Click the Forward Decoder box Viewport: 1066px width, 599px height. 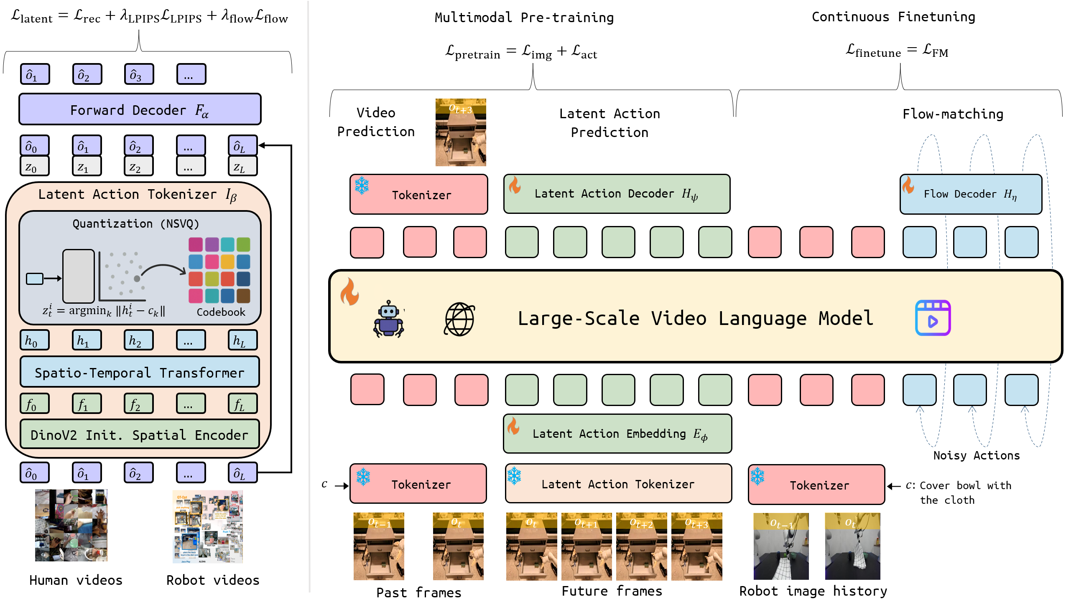point(140,110)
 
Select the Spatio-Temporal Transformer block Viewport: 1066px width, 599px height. point(140,372)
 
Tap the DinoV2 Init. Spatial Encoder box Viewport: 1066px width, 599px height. point(140,435)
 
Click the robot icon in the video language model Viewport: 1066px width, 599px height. point(388,319)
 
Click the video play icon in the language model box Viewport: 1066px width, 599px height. point(933,318)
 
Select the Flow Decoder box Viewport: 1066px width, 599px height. point(970,194)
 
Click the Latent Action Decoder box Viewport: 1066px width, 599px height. point(617,194)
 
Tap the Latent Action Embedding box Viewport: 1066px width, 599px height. point(617,434)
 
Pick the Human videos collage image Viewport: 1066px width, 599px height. point(71,525)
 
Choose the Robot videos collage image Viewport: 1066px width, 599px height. point(208,526)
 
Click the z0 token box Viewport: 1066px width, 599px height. point(34,167)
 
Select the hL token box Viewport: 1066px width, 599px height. point(242,340)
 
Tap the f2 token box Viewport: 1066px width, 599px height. point(138,404)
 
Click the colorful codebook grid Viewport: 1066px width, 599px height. point(219,270)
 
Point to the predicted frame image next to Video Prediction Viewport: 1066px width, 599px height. point(460,132)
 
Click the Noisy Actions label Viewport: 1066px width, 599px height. point(976,456)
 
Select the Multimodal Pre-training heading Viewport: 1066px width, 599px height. point(524,18)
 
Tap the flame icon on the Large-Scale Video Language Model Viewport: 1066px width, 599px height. point(349,292)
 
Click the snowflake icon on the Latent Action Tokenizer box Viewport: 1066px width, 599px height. point(514,476)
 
